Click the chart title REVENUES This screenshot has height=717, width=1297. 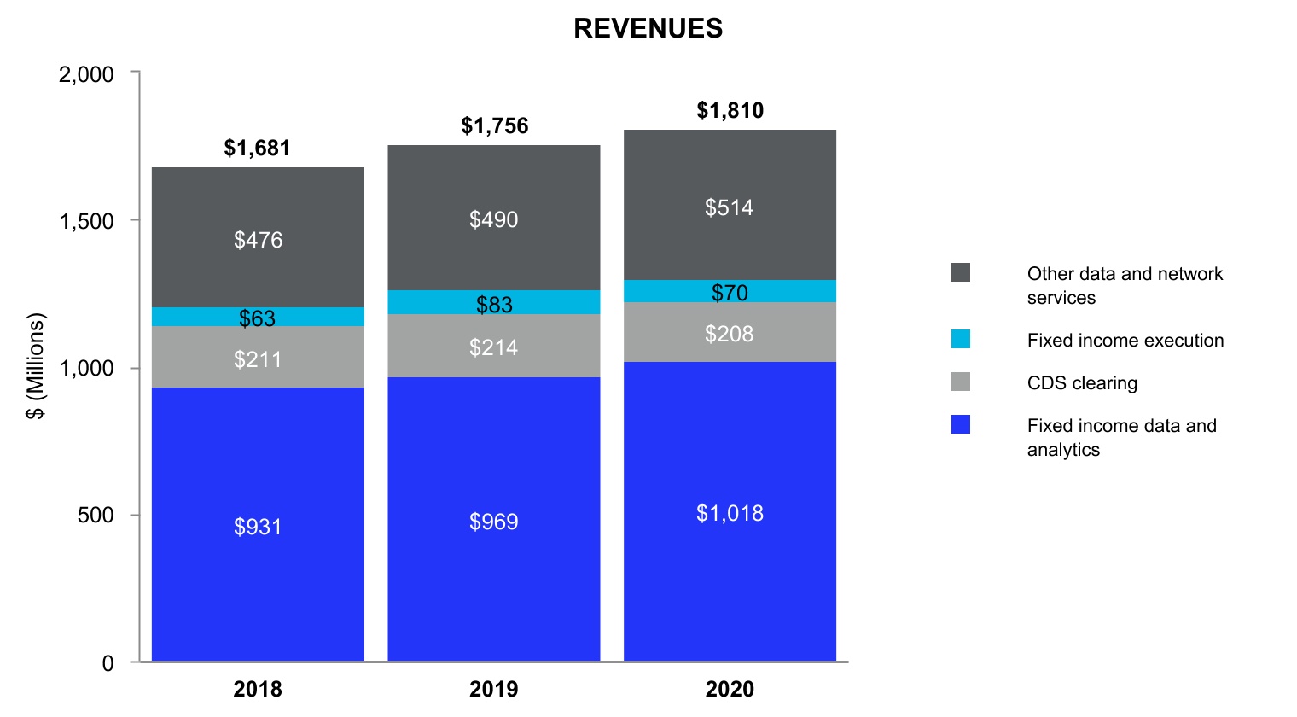[648, 28]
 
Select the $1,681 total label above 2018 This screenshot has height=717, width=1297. [257, 148]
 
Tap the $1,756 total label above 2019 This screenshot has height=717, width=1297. [494, 125]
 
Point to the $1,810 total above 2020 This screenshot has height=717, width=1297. [730, 110]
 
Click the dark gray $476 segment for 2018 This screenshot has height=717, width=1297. [258, 238]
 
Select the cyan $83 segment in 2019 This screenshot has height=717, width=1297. [494, 302]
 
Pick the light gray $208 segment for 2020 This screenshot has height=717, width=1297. [730, 332]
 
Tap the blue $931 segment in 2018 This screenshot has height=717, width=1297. [258, 525]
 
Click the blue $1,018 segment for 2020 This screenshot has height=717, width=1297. [730, 512]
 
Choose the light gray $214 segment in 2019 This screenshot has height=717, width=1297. [494, 346]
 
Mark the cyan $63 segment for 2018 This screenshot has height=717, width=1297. [258, 317]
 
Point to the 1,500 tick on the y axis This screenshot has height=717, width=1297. [86, 221]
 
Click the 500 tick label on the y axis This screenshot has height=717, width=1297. [96, 516]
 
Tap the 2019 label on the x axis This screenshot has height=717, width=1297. [494, 689]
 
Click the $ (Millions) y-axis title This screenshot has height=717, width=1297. [35, 367]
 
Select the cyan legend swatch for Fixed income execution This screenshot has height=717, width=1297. [961, 339]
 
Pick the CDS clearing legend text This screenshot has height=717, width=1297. [1082, 382]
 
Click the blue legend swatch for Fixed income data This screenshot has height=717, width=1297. [961, 424]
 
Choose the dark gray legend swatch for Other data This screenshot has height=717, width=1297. [961, 272]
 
